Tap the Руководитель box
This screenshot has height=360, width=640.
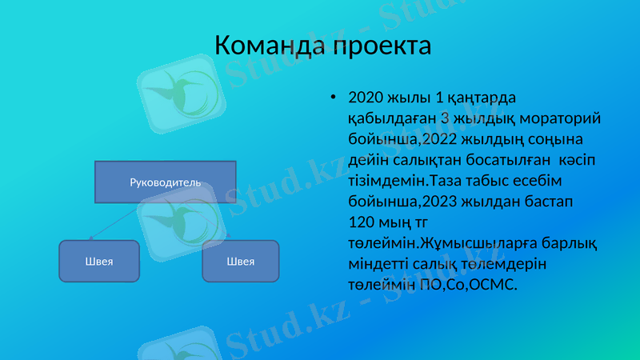(166, 182)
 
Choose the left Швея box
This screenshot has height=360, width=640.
(100, 261)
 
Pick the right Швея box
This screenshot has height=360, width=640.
(241, 261)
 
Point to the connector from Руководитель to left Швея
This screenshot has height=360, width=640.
(120, 219)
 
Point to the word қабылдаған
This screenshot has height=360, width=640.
(387, 118)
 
